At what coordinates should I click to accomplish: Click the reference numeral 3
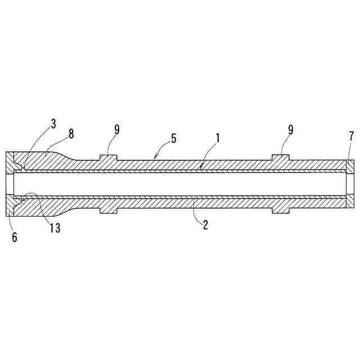coord(53,124)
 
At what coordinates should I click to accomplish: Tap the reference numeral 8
coord(71,134)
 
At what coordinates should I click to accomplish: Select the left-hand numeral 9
coord(116,129)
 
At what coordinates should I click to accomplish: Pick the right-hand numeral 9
coord(291,129)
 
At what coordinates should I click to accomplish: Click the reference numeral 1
coord(216,138)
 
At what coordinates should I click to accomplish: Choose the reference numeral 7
coord(351,137)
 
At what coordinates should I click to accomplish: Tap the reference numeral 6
coord(15,237)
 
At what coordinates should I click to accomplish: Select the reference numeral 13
coord(54,228)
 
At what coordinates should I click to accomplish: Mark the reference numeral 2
coord(205,225)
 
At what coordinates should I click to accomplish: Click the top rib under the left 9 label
coord(108,157)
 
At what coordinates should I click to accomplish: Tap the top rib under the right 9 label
coord(281,157)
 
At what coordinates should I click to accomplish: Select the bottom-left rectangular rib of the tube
coord(108,210)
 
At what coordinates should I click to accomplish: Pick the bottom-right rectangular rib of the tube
coord(281,210)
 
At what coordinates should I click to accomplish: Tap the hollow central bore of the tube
coord(180,183)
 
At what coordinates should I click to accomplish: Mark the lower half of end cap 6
coord(10,205)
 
